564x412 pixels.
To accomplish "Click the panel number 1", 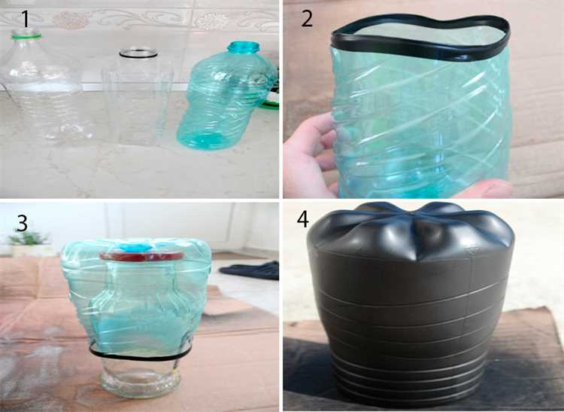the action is tap(25, 19).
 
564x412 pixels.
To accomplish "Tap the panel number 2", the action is tap(307, 19).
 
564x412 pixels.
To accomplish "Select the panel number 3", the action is tap(22, 223).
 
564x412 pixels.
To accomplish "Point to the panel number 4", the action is tap(302, 218).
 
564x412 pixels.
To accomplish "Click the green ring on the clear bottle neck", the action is tap(26, 35).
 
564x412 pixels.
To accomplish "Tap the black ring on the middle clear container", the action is tap(138, 53).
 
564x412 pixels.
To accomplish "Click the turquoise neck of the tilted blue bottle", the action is tap(244, 47).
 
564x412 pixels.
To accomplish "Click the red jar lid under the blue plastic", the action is tap(141, 256).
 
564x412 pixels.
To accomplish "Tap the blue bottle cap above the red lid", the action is tap(136, 247).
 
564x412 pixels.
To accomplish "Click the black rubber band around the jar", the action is tap(141, 355).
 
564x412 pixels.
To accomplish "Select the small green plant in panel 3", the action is tap(28, 238).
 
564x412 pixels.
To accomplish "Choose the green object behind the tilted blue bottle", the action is tap(271, 105).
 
